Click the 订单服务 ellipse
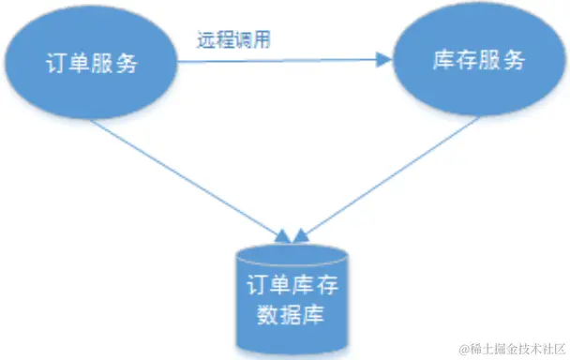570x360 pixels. click(x=92, y=63)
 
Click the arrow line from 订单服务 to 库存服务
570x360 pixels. click(x=281, y=61)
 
